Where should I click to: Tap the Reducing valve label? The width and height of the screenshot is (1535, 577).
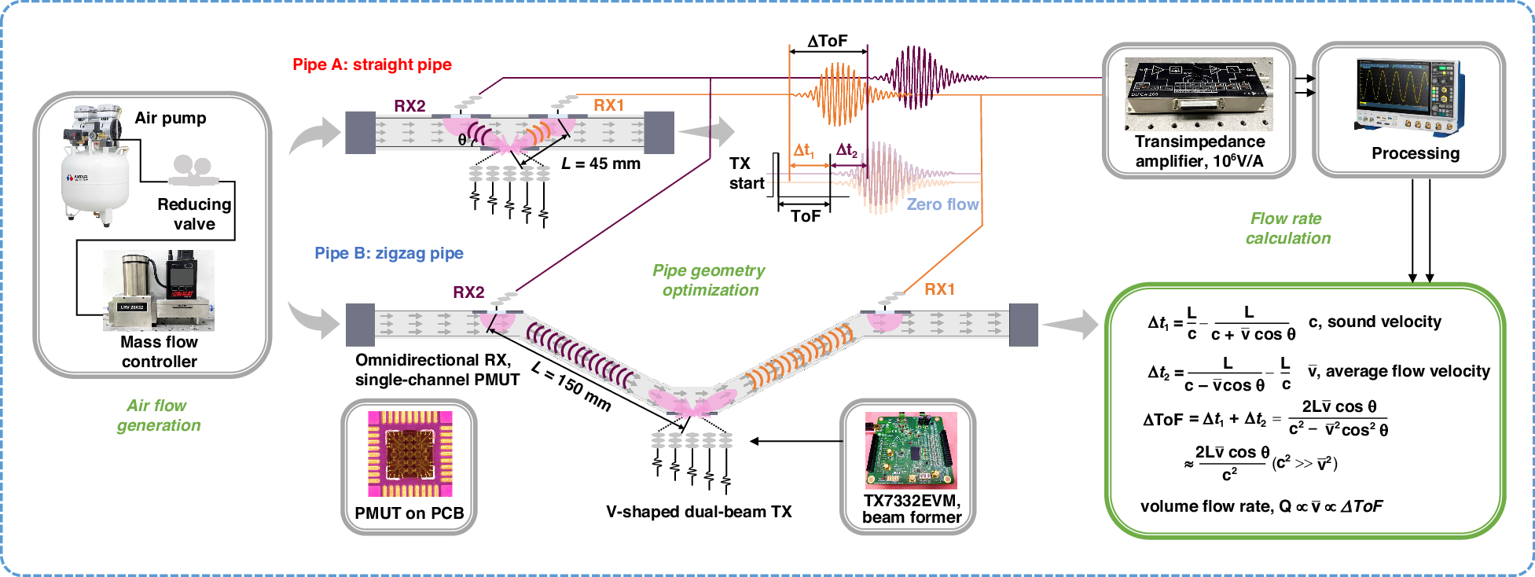[x=194, y=214]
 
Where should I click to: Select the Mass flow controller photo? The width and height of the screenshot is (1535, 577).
[x=159, y=290]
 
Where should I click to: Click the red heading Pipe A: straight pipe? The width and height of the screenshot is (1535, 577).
[x=372, y=64]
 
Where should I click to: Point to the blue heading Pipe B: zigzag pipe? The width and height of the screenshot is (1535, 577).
[x=389, y=253]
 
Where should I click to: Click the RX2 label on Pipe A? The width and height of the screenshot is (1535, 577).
[x=409, y=106]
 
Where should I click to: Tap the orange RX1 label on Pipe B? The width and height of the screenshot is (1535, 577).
[x=939, y=289]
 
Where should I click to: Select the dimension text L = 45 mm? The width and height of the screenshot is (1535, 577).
[x=601, y=164]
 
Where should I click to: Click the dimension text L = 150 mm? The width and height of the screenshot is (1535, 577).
[x=571, y=385]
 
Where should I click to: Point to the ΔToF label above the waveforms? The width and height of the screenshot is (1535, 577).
[x=828, y=41]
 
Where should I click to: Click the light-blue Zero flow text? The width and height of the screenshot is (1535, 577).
[x=942, y=204]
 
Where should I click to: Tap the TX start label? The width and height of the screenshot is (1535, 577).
[x=745, y=174]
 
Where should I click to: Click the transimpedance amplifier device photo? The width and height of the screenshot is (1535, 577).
[x=1198, y=94]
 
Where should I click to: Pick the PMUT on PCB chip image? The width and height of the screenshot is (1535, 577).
[x=409, y=454]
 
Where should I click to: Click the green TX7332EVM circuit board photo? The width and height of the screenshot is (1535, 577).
[x=911, y=450]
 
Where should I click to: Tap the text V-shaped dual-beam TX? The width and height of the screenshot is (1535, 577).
[x=699, y=512]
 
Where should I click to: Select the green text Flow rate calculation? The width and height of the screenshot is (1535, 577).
[x=1287, y=229]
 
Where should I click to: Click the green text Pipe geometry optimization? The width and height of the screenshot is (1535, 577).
[x=709, y=280]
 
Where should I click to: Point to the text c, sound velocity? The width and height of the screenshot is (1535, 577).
[x=1374, y=322]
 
